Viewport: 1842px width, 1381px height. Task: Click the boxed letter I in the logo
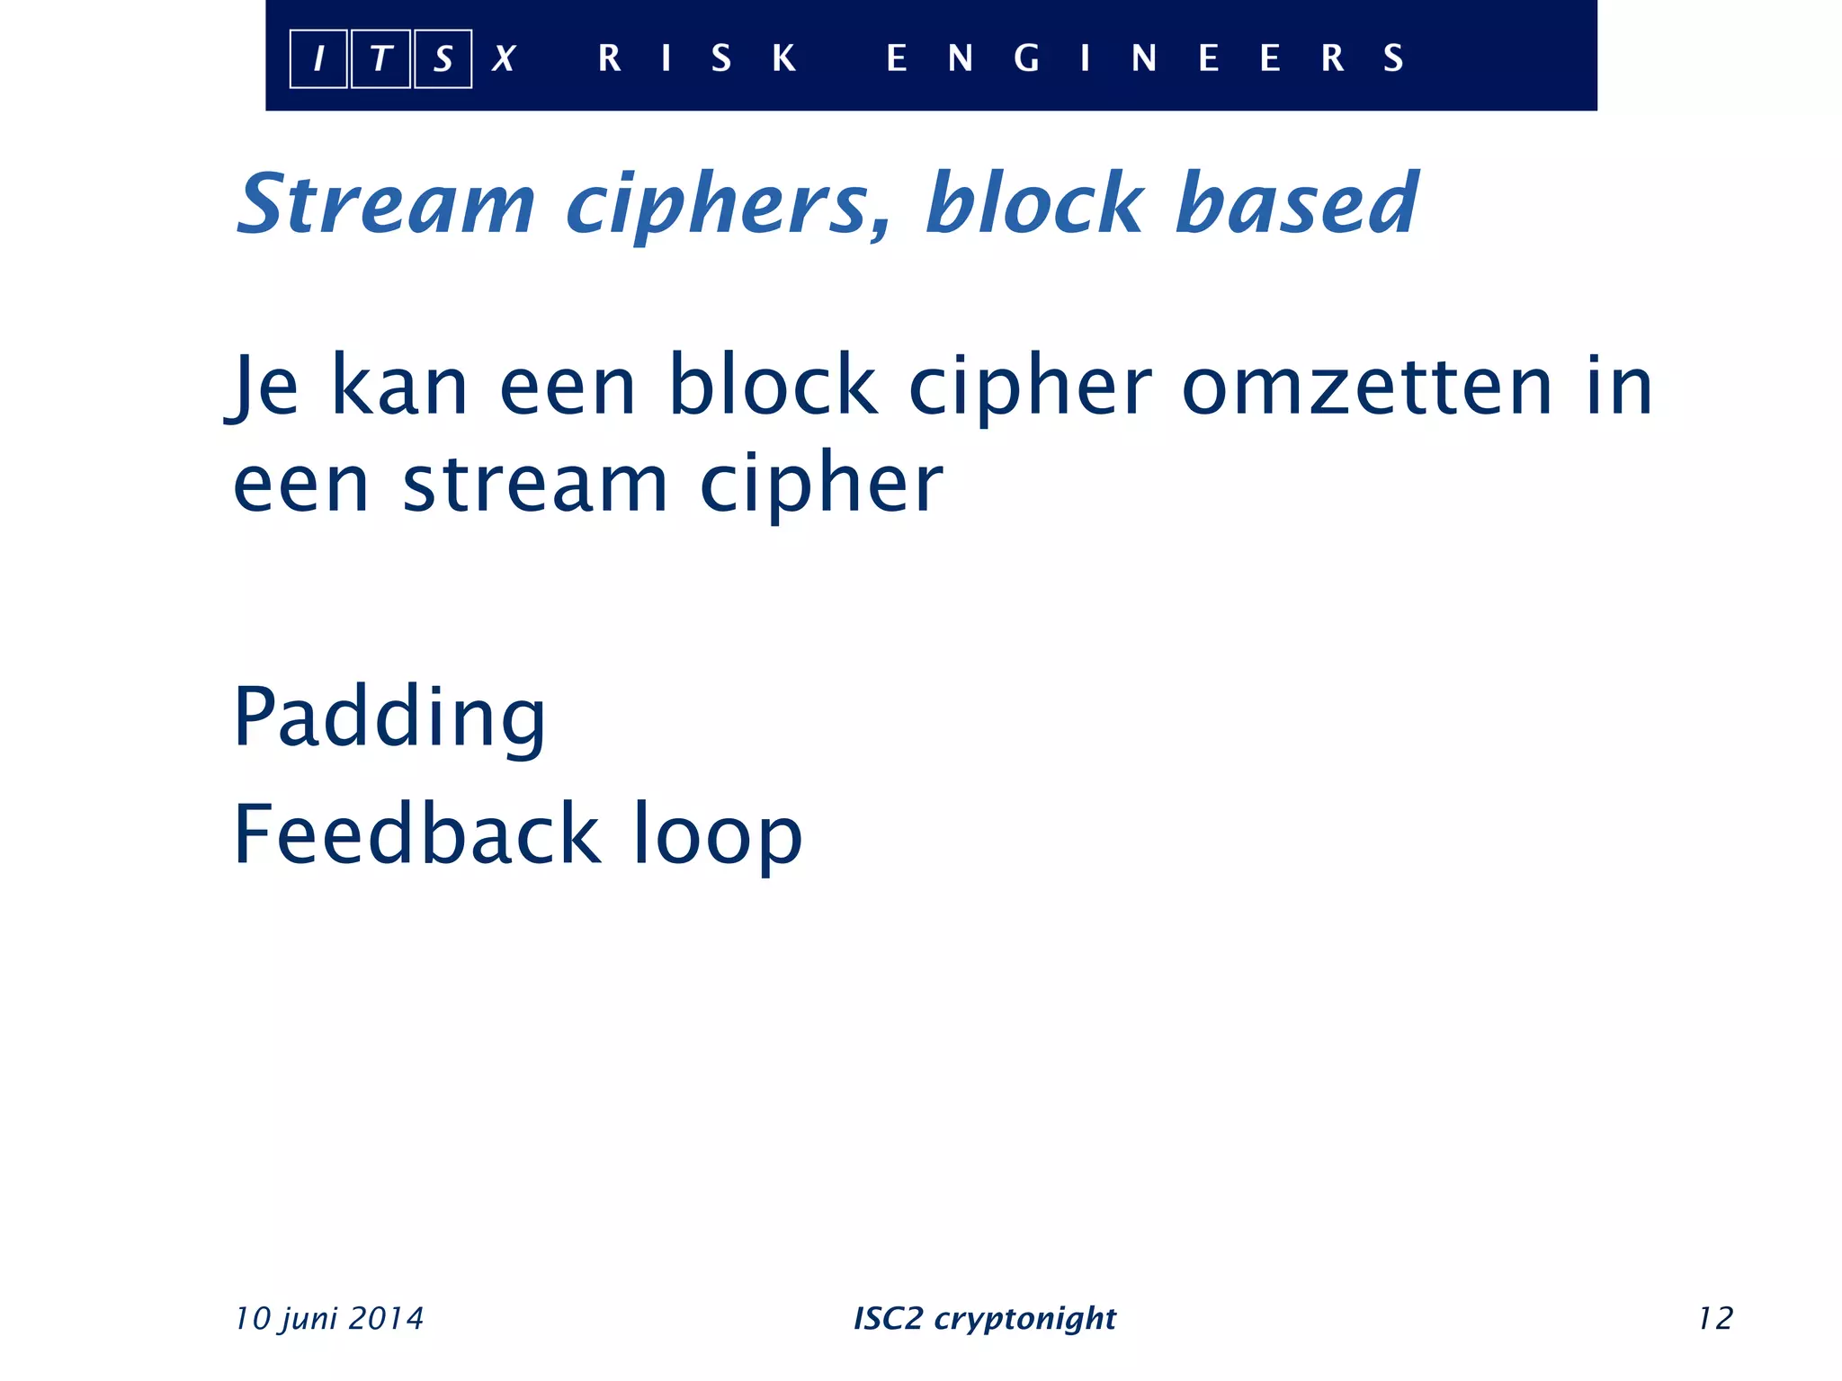click(318, 59)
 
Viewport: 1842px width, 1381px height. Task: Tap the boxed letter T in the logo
click(380, 59)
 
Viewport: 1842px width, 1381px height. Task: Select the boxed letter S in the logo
click(443, 59)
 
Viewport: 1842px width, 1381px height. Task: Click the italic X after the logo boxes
click(504, 59)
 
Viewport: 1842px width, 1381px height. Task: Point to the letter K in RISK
click(784, 58)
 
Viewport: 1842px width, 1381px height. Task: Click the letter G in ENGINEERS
click(1026, 58)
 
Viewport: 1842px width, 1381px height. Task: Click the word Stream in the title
click(386, 204)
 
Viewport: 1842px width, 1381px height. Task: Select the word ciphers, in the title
click(729, 204)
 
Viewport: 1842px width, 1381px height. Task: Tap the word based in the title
click(1297, 204)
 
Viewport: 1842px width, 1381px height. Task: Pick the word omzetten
click(1367, 387)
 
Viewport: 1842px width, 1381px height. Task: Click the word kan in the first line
click(400, 387)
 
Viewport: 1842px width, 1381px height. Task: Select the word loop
click(717, 836)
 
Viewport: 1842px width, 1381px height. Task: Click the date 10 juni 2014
click(329, 1318)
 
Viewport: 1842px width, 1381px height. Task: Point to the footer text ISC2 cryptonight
click(985, 1318)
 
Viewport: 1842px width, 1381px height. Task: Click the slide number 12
click(1715, 1318)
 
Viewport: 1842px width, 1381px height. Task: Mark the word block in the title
click(1034, 204)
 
